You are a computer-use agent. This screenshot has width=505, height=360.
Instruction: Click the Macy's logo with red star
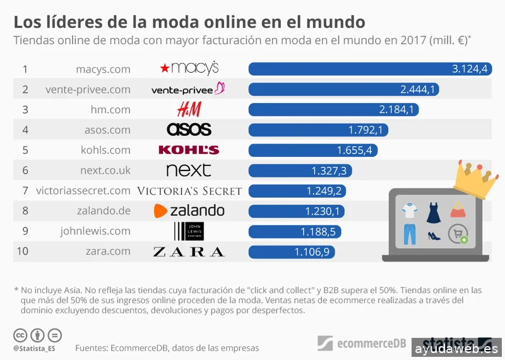coord(189,68)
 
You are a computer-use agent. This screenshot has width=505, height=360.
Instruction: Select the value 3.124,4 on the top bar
coord(470,69)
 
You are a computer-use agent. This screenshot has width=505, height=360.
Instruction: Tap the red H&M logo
coord(189,109)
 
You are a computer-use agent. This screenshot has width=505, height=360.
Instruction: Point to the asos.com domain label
coord(107,129)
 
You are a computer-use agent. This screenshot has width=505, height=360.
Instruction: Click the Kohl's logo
coord(189,150)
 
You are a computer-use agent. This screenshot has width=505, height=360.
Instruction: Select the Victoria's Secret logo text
coord(189,191)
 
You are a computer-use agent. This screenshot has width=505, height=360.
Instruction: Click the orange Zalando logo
coord(189,211)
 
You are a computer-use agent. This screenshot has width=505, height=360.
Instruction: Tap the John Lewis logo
coord(189,231)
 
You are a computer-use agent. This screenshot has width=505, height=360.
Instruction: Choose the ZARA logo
coord(189,252)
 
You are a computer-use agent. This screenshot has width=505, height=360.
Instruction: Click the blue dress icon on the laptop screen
coord(433,212)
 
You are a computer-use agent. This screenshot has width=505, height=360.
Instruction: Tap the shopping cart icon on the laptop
coord(458,234)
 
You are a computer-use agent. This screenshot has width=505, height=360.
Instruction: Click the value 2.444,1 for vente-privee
coord(418,89)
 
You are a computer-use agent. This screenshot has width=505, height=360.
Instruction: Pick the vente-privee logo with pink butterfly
coord(189,89)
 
